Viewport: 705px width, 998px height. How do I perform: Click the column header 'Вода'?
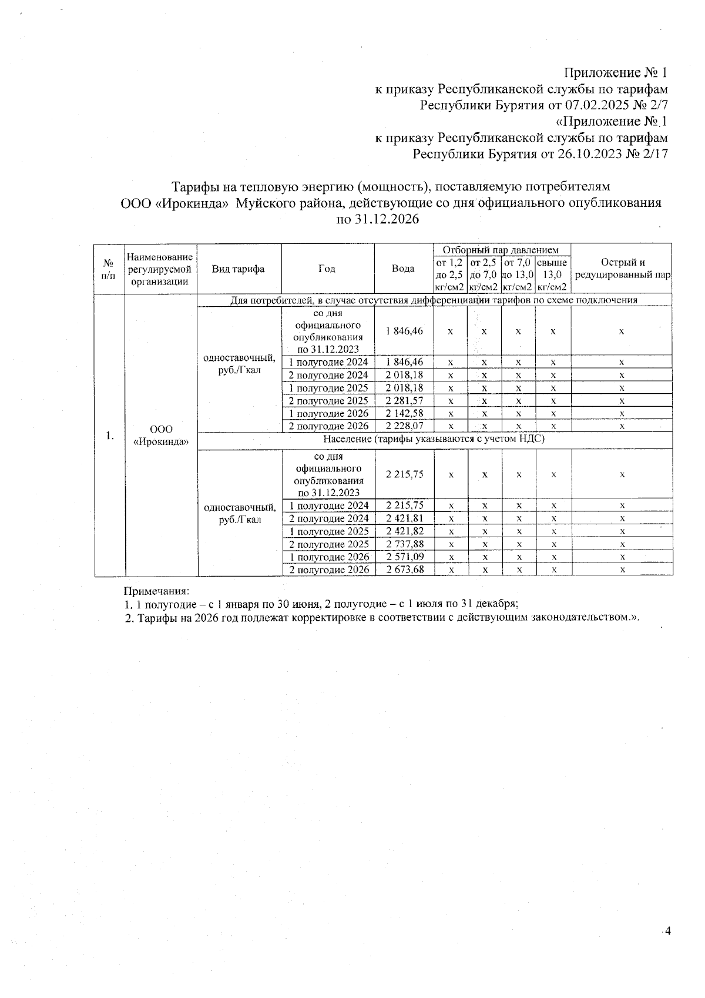[x=404, y=269]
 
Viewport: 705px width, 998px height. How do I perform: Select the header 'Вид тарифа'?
[x=238, y=269]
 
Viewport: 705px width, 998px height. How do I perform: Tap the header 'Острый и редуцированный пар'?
[x=622, y=269]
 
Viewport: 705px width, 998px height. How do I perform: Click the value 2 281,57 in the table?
[x=404, y=401]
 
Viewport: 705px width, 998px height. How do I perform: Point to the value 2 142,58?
[x=404, y=413]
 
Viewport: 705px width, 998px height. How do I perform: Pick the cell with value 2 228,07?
[x=404, y=426]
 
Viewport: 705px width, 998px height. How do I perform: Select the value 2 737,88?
[x=405, y=544]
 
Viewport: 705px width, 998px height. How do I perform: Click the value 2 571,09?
[x=405, y=557]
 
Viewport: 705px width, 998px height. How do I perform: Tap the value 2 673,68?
[x=405, y=570]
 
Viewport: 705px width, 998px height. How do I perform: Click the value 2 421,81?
[x=405, y=518]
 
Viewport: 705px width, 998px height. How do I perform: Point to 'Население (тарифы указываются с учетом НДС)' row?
[x=434, y=439]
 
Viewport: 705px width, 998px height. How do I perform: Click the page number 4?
[x=667, y=930]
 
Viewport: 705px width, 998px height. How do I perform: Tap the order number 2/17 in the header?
[x=655, y=154]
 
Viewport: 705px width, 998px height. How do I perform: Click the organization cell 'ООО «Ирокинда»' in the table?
[x=160, y=436]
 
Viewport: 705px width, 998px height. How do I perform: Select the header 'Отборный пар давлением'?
[x=502, y=250]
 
